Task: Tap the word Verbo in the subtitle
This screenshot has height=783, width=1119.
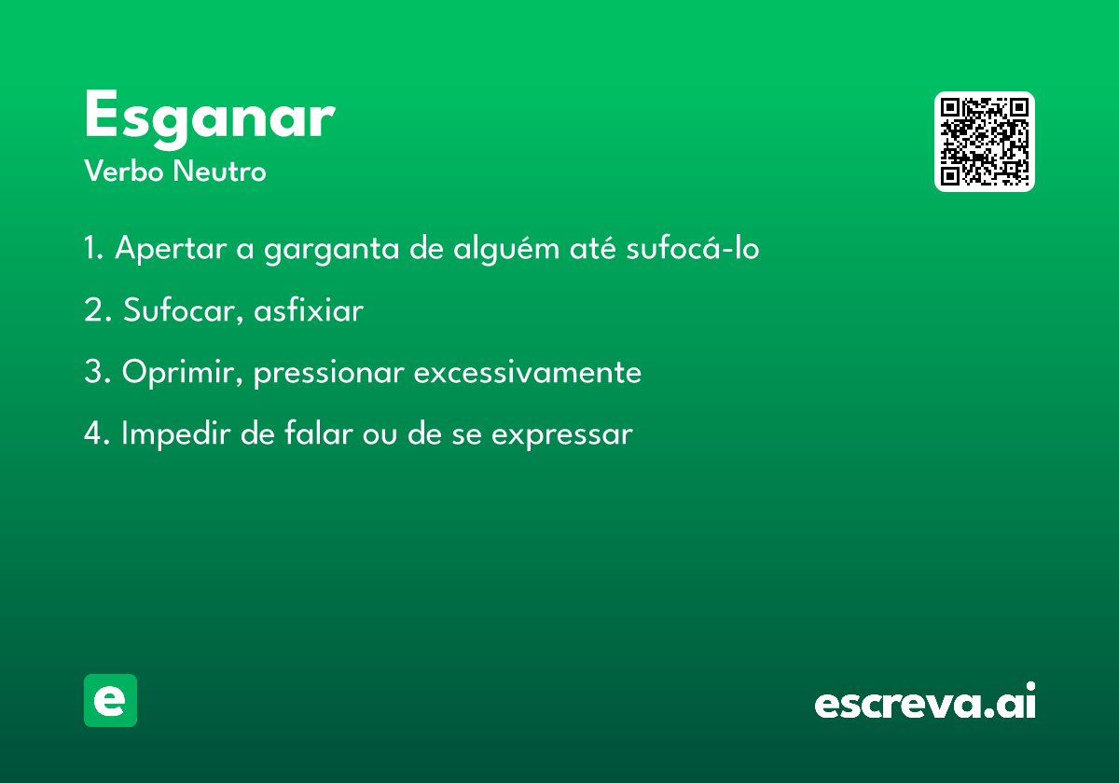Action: pyautogui.click(x=124, y=172)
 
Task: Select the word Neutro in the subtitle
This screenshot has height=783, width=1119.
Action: pyautogui.click(x=219, y=172)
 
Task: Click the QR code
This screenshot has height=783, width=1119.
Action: pyautogui.click(x=984, y=142)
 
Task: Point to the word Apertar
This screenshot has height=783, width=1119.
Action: pyautogui.click(x=171, y=248)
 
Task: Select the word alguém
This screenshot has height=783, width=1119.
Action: pyautogui.click(x=506, y=248)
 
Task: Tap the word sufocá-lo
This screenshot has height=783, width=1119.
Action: pyautogui.click(x=693, y=247)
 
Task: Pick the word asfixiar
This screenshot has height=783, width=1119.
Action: pyautogui.click(x=309, y=310)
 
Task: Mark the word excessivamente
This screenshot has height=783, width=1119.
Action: pyautogui.click(x=528, y=373)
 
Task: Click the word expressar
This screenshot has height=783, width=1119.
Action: pyautogui.click(x=562, y=435)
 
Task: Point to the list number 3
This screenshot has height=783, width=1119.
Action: pyautogui.click(x=97, y=372)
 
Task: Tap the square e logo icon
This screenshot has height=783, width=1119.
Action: pyautogui.click(x=110, y=700)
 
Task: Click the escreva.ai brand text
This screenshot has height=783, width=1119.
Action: pyautogui.click(x=925, y=700)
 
